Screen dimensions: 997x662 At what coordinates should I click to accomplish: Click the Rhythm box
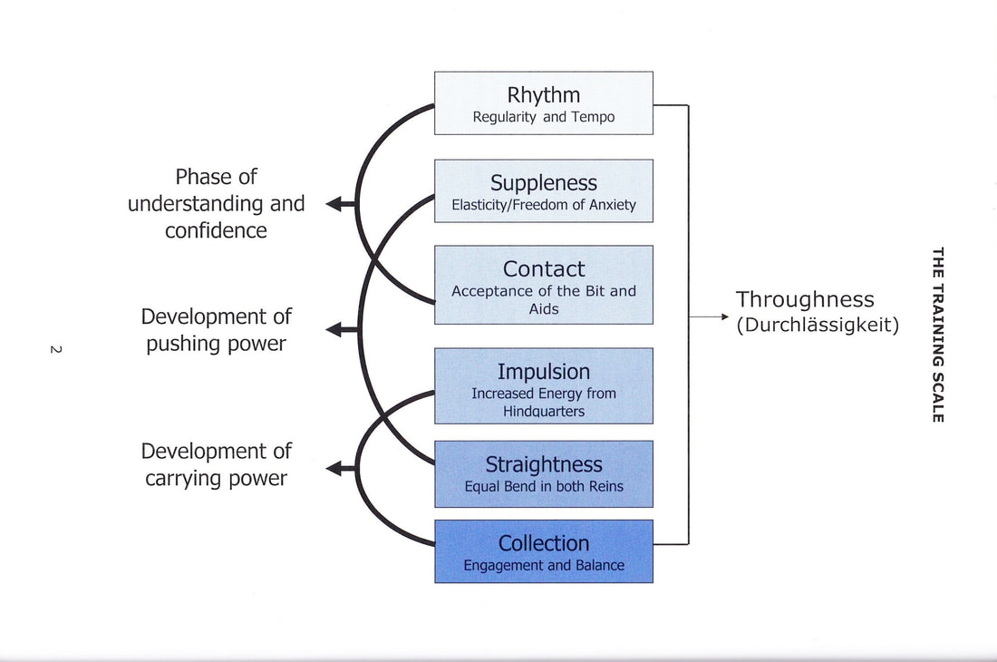544,103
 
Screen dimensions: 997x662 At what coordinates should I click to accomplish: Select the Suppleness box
544,190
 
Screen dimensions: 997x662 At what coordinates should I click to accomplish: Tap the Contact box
544,285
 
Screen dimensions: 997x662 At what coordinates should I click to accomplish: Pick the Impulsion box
544,385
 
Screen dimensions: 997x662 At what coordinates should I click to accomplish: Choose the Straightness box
544,473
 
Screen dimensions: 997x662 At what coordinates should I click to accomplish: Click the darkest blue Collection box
544,551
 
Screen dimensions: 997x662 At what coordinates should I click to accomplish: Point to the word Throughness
805,299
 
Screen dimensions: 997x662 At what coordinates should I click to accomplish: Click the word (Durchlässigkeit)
818,325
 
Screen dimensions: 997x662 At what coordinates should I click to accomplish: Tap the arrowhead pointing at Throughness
725,316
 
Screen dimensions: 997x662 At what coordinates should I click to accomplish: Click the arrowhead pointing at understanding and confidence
334,204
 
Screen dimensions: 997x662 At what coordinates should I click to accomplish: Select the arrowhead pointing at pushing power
334,329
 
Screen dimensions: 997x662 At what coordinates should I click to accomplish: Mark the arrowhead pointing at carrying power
334,469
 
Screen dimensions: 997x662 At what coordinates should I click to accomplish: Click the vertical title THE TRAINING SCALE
938,335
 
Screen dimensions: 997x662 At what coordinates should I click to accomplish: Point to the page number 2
56,350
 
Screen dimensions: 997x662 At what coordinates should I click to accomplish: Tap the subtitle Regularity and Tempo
544,117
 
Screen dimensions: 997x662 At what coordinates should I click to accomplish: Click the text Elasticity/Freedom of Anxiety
544,205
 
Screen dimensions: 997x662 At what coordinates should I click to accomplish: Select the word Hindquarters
544,412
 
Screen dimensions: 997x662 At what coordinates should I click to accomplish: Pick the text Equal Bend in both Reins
544,486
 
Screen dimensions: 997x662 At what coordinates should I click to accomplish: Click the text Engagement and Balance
544,565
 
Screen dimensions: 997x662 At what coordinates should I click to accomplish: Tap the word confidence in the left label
217,230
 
